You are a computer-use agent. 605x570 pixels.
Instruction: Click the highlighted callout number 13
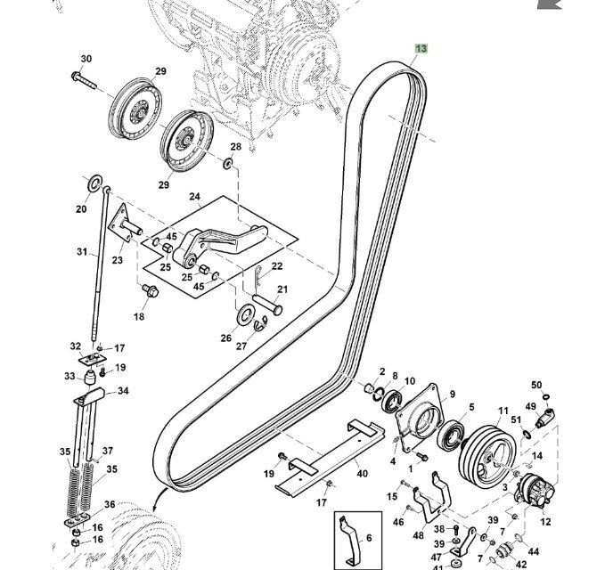pyautogui.click(x=421, y=48)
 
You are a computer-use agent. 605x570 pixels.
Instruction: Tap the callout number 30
pyautogui.click(x=86, y=60)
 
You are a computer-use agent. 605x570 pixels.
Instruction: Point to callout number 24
pyautogui.click(x=194, y=197)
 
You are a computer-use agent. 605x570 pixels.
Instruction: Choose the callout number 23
pyautogui.click(x=117, y=260)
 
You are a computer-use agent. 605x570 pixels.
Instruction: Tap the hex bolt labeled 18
pyautogui.click(x=148, y=290)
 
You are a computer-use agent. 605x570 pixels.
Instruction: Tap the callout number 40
pyautogui.click(x=362, y=473)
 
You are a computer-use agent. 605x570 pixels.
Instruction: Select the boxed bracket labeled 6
pyautogui.click(x=354, y=541)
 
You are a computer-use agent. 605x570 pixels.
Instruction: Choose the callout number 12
pyautogui.click(x=545, y=522)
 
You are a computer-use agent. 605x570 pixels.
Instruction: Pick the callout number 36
pyautogui.click(x=110, y=504)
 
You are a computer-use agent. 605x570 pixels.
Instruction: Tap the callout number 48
pyautogui.click(x=418, y=536)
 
